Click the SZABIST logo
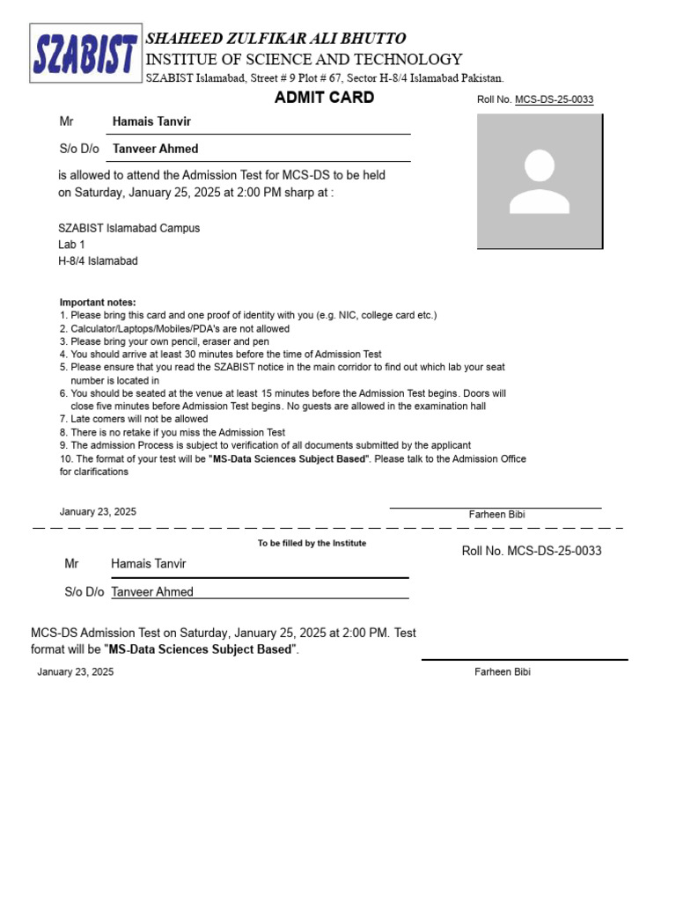pos(85,54)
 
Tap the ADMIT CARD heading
pos(324,98)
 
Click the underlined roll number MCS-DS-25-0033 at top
pos(554,100)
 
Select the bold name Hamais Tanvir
pos(151,121)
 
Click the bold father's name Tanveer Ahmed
pos(155,149)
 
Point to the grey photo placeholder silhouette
pos(540,182)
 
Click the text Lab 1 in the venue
pos(72,245)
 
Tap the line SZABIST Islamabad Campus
pos(129,228)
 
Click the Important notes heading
pos(98,303)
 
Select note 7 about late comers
pos(134,420)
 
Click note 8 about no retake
pos(173,433)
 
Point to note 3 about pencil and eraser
pos(165,341)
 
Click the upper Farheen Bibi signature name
pos(497,514)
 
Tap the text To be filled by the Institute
pos(312,543)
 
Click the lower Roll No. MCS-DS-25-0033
pos(532,551)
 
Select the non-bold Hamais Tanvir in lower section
pos(148,563)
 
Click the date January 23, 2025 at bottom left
pos(76,672)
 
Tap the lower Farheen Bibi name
pos(503,672)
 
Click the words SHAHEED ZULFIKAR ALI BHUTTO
pos(276,39)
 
